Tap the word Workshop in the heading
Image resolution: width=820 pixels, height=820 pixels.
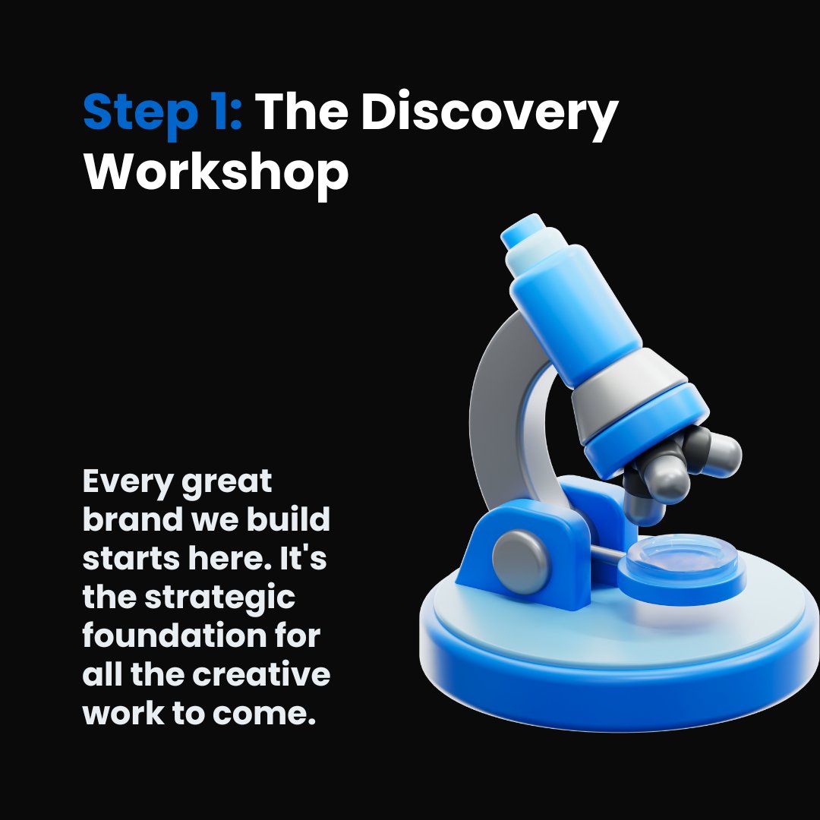[216, 172]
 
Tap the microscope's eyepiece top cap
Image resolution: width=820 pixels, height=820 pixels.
[523, 229]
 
